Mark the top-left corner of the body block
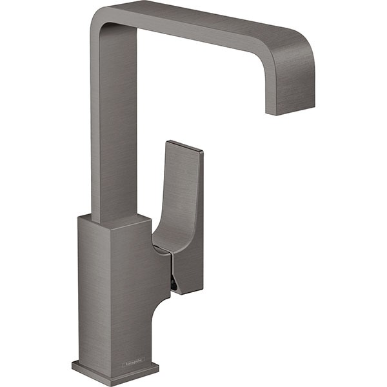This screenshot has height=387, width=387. click(79, 217)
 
